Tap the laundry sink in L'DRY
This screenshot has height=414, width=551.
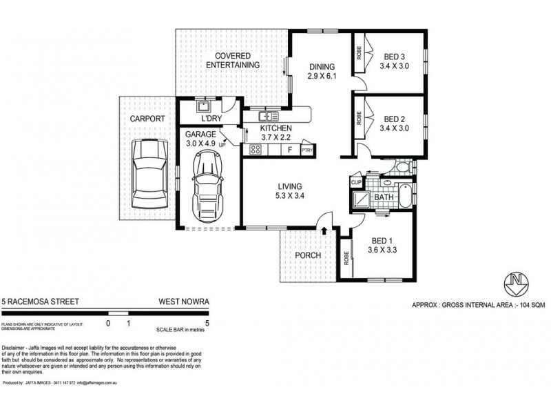204,107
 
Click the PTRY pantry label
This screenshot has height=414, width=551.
306,148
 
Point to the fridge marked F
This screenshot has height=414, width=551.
290,148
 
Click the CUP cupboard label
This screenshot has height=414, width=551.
356,182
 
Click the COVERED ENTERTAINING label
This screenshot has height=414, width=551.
237,60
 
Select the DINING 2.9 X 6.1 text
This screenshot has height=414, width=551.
321,71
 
